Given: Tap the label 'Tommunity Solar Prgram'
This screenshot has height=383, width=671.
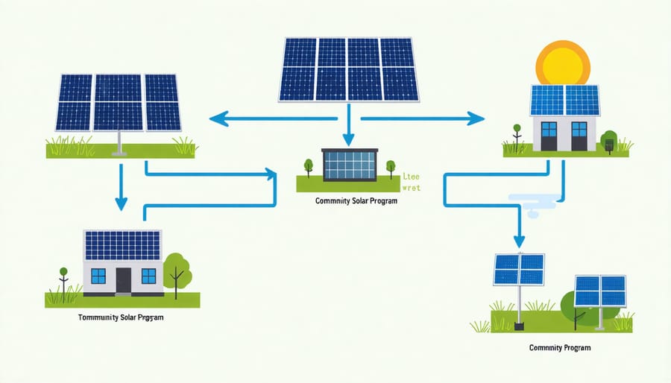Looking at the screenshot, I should pyautogui.click(x=121, y=317).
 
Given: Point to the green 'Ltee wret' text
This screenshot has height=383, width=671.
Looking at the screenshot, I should pyautogui.click(x=411, y=183).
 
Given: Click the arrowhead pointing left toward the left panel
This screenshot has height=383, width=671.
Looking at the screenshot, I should pyautogui.click(x=216, y=118).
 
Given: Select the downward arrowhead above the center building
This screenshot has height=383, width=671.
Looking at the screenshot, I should pyautogui.click(x=347, y=139).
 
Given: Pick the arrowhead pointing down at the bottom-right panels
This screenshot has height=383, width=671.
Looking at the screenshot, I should pyautogui.click(x=519, y=242).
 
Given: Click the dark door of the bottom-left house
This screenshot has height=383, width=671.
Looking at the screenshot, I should pyautogui.click(x=123, y=280).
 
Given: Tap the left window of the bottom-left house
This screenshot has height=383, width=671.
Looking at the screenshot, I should pyautogui.click(x=98, y=276).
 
